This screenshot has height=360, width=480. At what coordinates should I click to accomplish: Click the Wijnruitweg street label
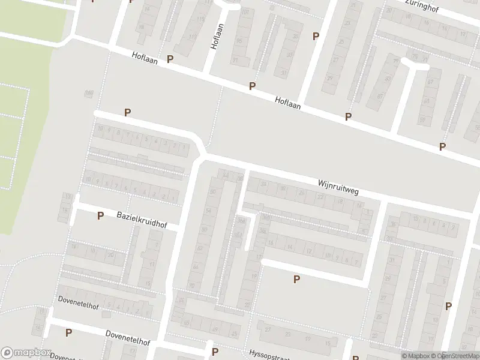point(338,187)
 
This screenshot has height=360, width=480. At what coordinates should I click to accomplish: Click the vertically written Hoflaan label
point(217,37)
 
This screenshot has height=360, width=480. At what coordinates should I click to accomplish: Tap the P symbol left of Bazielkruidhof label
point(100,215)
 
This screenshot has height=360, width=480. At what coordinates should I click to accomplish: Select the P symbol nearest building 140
point(127,112)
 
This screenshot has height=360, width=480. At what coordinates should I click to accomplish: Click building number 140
point(89,92)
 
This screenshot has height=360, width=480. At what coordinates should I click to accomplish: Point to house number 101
point(244,12)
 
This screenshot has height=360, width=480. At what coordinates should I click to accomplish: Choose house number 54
point(208,211)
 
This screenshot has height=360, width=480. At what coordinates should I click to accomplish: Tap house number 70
point(413,56)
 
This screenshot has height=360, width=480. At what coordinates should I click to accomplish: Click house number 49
point(215,329)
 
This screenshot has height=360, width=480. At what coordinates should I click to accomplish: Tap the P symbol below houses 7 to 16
point(296,279)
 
